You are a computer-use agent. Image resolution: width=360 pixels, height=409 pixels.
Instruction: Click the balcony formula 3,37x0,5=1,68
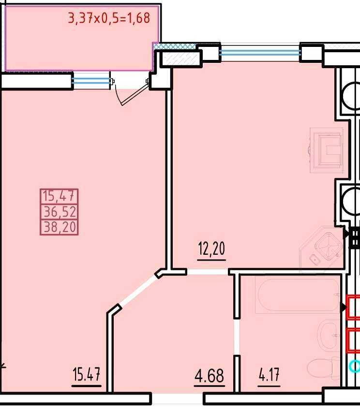(x=109, y=18)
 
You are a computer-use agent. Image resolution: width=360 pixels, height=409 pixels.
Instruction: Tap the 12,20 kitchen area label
(x=211, y=248)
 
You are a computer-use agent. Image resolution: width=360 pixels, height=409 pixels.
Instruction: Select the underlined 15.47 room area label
(x=87, y=374)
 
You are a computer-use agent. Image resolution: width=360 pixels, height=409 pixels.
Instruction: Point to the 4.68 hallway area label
(x=209, y=376)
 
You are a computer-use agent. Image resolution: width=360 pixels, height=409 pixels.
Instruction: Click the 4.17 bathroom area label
(x=269, y=375)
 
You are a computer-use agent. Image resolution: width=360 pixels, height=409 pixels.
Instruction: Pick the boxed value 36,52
(x=60, y=212)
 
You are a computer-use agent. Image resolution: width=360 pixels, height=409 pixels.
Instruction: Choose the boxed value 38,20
(x=60, y=227)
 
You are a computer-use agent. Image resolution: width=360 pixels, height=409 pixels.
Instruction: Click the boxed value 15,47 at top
(x=60, y=196)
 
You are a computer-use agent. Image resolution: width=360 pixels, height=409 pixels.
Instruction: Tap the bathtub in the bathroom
(x=298, y=296)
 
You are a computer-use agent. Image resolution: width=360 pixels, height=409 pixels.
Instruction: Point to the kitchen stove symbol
(x=326, y=150)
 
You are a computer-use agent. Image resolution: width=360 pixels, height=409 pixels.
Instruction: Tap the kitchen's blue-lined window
(x=260, y=53)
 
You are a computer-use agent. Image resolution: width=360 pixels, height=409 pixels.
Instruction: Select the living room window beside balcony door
(x=91, y=81)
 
